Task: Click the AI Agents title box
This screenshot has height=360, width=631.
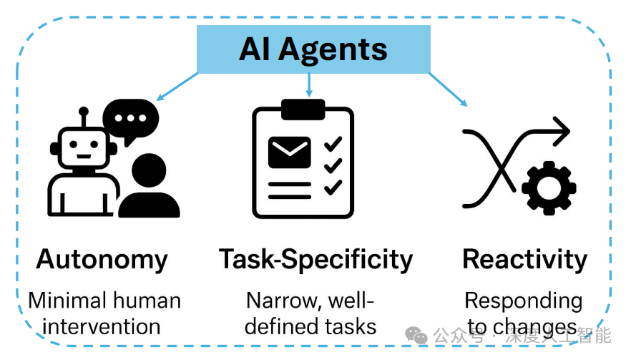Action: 313,49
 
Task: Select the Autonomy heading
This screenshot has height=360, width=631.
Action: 102,259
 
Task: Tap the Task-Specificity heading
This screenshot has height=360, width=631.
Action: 315,259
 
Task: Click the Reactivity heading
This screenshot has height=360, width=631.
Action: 524,259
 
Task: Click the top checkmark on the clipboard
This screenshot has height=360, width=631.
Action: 333,144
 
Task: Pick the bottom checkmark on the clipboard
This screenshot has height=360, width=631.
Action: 333,188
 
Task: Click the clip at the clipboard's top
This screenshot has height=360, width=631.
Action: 303,110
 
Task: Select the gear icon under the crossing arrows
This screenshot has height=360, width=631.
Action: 549,189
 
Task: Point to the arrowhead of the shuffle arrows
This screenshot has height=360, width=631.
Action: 562,131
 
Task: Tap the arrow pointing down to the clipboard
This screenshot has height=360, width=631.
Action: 309,86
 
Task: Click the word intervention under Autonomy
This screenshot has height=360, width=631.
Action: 102,326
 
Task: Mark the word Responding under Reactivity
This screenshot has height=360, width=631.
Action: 523,301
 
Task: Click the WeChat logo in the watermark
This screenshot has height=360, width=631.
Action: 416,335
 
